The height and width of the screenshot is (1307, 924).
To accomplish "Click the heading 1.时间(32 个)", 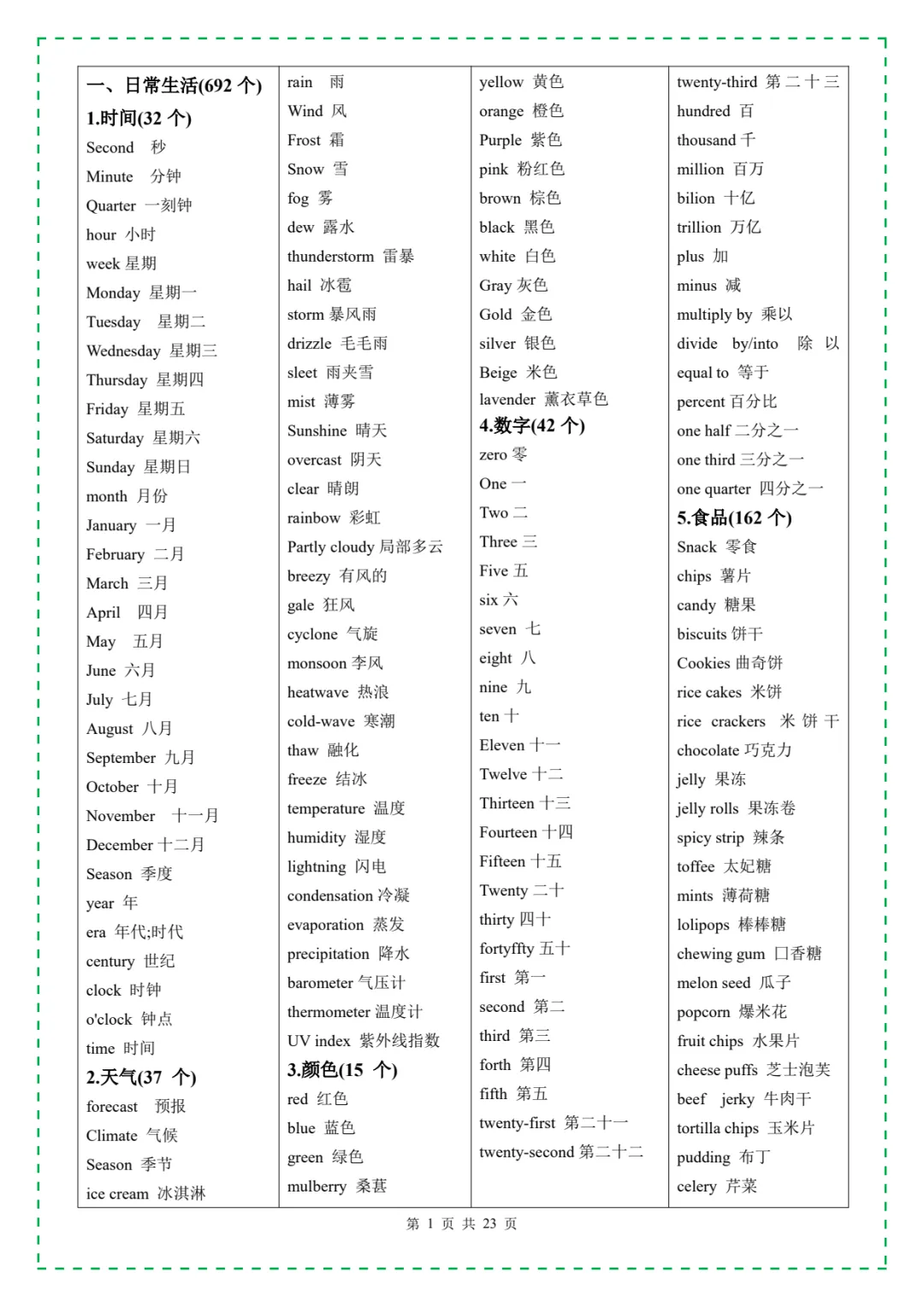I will tap(139, 118).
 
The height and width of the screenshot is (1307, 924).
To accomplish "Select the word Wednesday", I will tap(123, 351).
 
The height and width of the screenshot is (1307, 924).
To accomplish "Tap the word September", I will tap(121, 758).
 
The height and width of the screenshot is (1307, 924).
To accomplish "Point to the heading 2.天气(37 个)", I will tap(141, 1077).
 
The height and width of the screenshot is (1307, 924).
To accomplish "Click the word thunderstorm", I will tap(330, 257).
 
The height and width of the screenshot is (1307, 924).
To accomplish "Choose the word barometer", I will tap(320, 983).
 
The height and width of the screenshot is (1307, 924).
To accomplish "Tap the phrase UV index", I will tap(318, 1041).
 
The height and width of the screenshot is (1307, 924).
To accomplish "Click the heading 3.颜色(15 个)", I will tap(342, 1070).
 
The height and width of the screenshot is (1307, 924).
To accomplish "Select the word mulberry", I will tap(317, 1186).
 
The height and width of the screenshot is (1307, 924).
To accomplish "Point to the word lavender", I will tap(507, 399).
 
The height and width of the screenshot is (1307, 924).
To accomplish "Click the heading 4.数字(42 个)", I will tap(531, 425).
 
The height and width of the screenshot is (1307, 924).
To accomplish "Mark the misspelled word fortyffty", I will tap(506, 949).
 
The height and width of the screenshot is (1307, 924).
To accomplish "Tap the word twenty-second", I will tap(527, 1152).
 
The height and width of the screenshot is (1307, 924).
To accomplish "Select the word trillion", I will tap(699, 228).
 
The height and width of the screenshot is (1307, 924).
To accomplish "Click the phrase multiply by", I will tap(714, 315).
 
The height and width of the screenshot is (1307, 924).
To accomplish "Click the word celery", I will tap(696, 1186).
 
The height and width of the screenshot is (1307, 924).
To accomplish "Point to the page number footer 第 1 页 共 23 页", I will tap(461, 1224).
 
